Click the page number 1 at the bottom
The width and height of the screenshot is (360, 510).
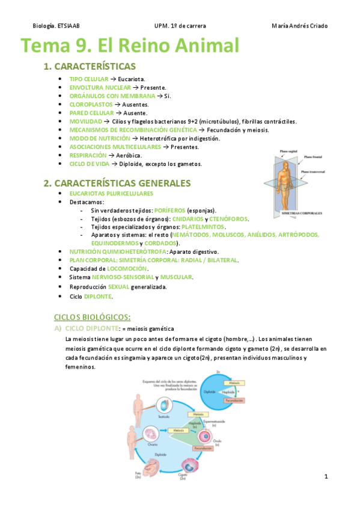(x=325, y=477)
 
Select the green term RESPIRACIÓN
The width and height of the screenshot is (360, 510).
(x=88, y=155)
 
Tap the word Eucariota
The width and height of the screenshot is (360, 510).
(x=132, y=79)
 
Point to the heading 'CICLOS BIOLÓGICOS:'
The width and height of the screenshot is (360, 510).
(x=92, y=317)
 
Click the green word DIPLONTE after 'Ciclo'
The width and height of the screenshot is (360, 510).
(x=97, y=296)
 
